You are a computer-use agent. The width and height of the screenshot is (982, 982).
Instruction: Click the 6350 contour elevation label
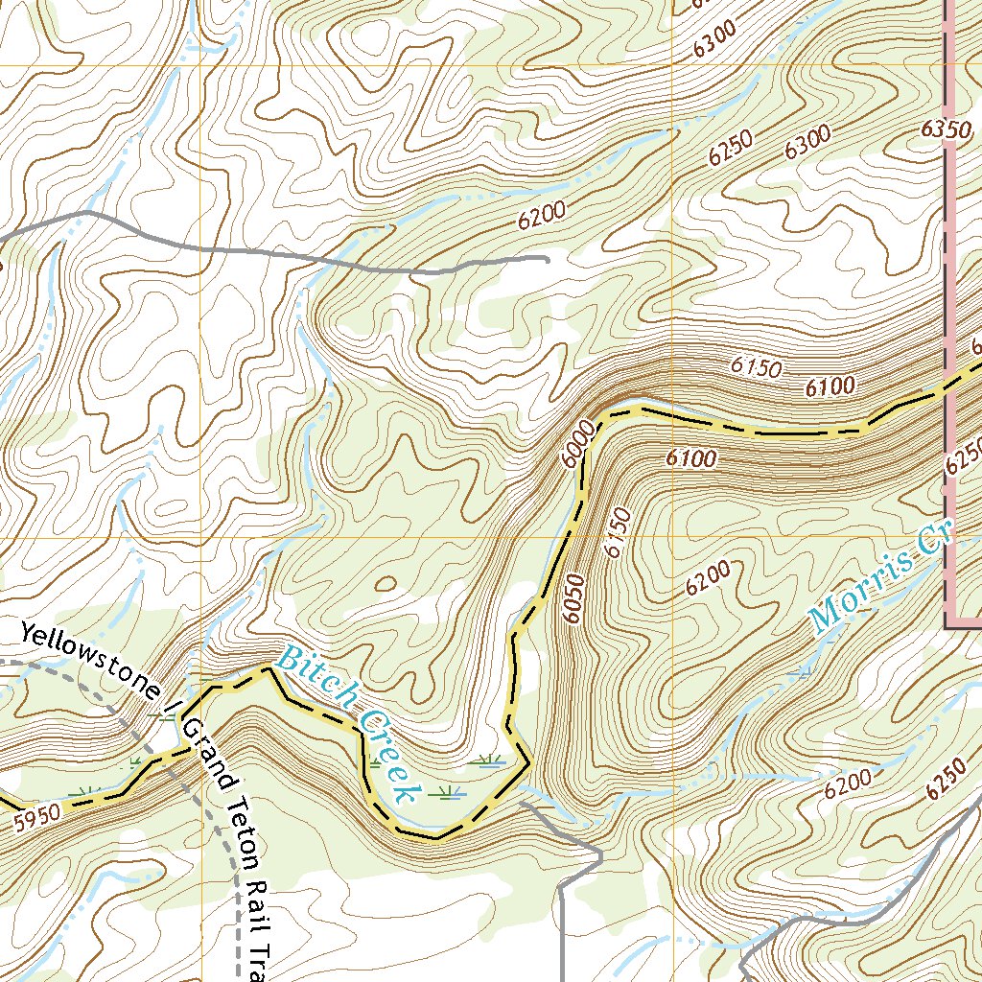click(x=938, y=129)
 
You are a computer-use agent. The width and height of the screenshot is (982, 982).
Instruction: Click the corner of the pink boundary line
click(x=947, y=627)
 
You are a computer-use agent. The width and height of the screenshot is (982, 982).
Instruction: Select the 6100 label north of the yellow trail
click(x=830, y=387)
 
